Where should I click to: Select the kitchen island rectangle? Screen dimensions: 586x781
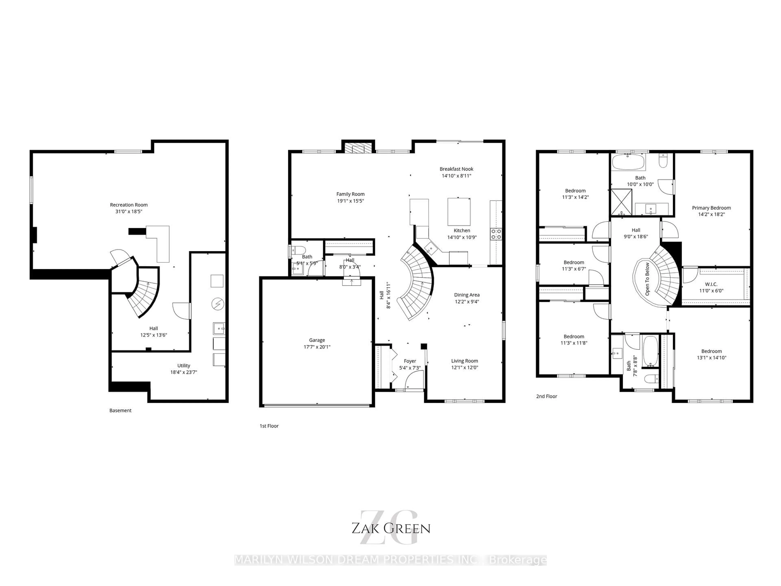point(459,212)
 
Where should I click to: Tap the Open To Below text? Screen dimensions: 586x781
point(647,279)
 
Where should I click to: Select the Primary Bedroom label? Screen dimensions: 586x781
point(711,208)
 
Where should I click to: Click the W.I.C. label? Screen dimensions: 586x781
point(711,284)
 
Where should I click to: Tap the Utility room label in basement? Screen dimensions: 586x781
point(184,366)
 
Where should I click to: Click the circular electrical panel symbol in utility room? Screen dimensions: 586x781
point(217,304)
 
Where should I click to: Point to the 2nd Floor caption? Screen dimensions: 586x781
point(546,396)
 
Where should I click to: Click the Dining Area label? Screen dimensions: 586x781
point(466,295)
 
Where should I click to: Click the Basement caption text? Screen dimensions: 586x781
point(120,410)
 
